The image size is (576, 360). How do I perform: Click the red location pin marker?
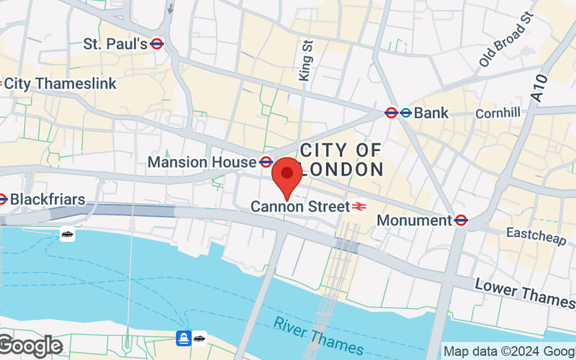click(x=287, y=175)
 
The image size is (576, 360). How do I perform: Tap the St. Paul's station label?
click(x=115, y=44)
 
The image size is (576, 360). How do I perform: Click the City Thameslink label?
click(x=60, y=84)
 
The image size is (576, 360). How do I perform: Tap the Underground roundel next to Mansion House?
click(x=266, y=162)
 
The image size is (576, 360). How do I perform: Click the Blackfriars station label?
click(x=48, y=199)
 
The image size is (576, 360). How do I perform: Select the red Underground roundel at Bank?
click(x=391, y=112)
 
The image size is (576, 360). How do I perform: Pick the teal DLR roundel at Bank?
click(x=405, y=112)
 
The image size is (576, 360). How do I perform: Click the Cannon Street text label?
click(x=298, y=207)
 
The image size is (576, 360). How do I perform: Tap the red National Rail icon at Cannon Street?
click(x=359, y=207)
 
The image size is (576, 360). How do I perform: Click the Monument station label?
click(x=413, y=220)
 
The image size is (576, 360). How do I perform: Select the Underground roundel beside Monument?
click(x=461, y=220)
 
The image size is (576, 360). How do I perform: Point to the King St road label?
click(x=305, y=60)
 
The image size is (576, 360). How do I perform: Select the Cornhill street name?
click(x=497, y=114)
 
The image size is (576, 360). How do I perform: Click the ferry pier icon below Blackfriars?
click(x=67, y=234)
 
